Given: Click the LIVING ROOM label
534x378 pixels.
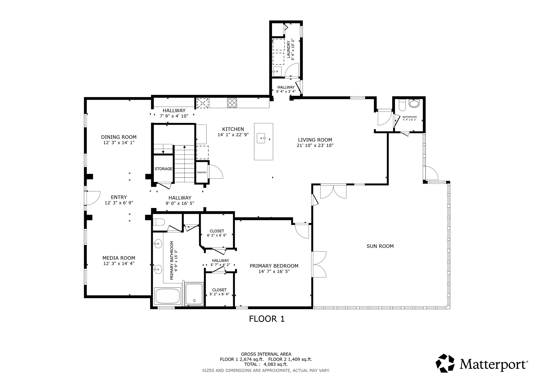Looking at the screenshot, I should click(x=315, y=140).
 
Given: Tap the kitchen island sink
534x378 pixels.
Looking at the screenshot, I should click(x=261, y=138).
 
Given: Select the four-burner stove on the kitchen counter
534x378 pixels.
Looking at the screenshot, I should click(x=232, y=103).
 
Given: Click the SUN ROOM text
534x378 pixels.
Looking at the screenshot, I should click(x=380, y=246).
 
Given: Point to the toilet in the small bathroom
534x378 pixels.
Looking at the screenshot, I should click(x=402, y=105).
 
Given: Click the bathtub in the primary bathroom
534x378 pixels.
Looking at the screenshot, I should click(x=167, y=296).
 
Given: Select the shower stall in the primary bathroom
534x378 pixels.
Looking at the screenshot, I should click(x=194, y=294).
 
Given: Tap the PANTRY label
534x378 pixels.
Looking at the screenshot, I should click(x=202, y=173).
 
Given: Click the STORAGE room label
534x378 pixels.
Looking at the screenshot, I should click(x=163, y=169).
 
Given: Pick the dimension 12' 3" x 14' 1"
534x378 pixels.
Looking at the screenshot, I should click(x=119, y=143).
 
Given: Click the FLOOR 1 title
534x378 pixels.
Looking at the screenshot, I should click(x=266, y=319).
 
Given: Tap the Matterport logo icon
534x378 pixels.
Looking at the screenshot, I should click(x=445, y=363).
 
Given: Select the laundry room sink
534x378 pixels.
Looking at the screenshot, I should click(x=277, y=71).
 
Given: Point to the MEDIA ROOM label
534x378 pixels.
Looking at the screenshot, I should click(x=119, y=258).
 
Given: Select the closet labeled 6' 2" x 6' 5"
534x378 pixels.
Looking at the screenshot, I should click(x=217, y=233).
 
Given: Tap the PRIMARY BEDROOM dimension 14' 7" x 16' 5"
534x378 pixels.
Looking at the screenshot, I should click(x=274, y=271).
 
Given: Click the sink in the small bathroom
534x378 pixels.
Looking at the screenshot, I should click(x=414, y=104).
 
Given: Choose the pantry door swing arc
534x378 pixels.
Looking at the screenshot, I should click(x=216, y=172).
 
